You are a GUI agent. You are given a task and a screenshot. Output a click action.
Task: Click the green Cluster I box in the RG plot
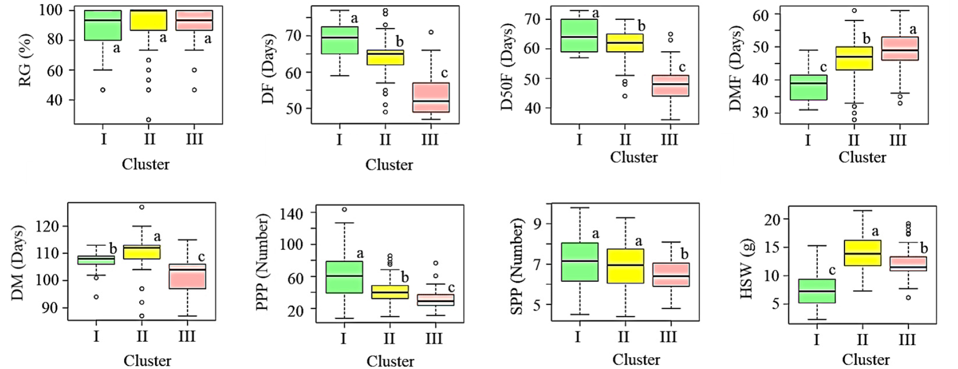tap(103, 25)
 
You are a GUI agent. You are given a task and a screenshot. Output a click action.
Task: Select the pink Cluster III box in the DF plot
tap(431, 97)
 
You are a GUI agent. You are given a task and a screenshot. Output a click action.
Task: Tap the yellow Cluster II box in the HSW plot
tap(862, 252)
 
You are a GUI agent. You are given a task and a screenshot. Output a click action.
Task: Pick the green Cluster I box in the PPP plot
tap(344, 277)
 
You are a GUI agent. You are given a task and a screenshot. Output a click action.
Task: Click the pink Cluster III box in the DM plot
tap(188, 276)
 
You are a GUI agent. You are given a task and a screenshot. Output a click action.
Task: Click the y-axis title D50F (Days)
tap(507, 66)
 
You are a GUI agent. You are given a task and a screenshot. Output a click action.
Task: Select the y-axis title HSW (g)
tap(747, 269)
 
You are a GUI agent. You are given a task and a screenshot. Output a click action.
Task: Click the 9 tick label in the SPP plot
tap(537, 224)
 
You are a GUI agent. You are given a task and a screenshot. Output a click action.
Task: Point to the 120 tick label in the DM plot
tap(48, 226)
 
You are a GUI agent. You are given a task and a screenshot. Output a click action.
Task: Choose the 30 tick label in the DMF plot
tap(760, 113)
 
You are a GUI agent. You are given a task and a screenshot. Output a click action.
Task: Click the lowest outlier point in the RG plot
tap(149, 120)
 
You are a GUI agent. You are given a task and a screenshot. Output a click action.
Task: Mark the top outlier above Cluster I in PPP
tap(344, 209)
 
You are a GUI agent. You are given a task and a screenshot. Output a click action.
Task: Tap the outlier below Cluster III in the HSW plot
tap(908, 298)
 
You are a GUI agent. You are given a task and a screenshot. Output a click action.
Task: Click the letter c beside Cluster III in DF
tap(444, 73)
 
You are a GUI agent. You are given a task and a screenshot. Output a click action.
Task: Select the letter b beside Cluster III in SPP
tap(685, 254)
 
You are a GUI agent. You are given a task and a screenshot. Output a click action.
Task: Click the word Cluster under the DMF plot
tap(862, 157)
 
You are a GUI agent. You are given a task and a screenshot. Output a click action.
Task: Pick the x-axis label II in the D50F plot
tap(625, 139)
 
